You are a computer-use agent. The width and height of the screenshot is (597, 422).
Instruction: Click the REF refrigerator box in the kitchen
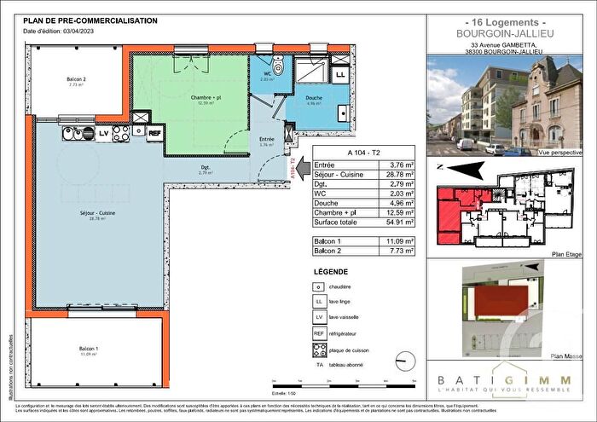coord(154,133)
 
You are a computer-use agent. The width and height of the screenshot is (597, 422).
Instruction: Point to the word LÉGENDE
coord(330,271)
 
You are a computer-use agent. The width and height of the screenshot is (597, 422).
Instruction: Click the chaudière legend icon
coord(319,286)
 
